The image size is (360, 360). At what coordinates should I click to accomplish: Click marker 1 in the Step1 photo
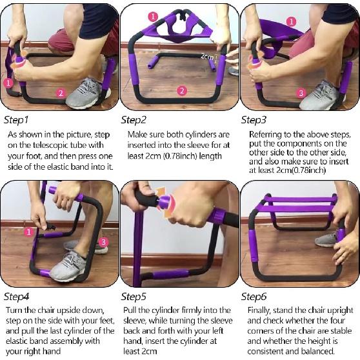8,83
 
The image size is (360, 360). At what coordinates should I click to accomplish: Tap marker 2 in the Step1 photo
61,93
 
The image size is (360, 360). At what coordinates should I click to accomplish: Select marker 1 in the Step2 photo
152,16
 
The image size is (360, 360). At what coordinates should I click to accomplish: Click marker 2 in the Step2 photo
183,90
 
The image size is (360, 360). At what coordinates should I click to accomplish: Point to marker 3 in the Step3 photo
301,93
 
